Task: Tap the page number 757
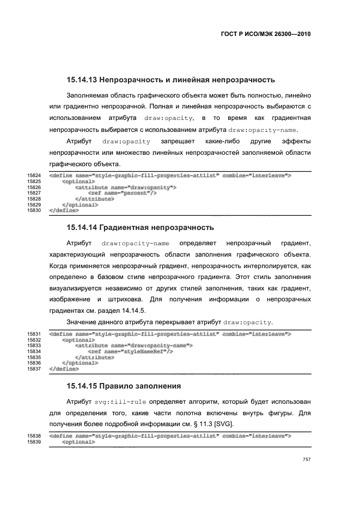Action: [307, 460]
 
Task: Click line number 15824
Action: [34, 175]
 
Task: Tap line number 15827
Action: [34, 192]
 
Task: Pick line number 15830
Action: [34, 209]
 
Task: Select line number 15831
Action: [34, 334]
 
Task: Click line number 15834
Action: [34, 351]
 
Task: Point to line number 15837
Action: [34, 368]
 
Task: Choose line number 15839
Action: [34, 442]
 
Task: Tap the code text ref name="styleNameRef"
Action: [130, 351]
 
